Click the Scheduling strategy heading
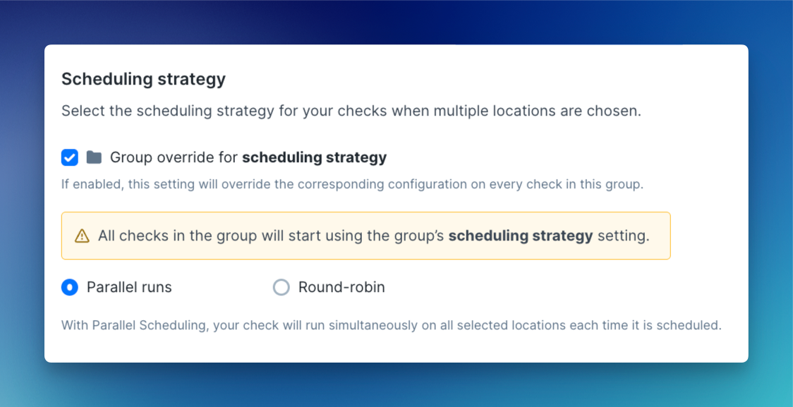[144, 80]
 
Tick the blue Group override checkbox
[70, 157]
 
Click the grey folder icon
[94, 157]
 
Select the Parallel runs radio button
[70, 288]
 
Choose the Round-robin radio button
[282, 288]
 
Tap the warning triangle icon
[82, 236]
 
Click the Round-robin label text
[341, 287]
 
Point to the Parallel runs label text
[130, 287]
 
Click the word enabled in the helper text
[99, 184]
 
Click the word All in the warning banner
[107, 236]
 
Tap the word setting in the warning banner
[623, 236]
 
